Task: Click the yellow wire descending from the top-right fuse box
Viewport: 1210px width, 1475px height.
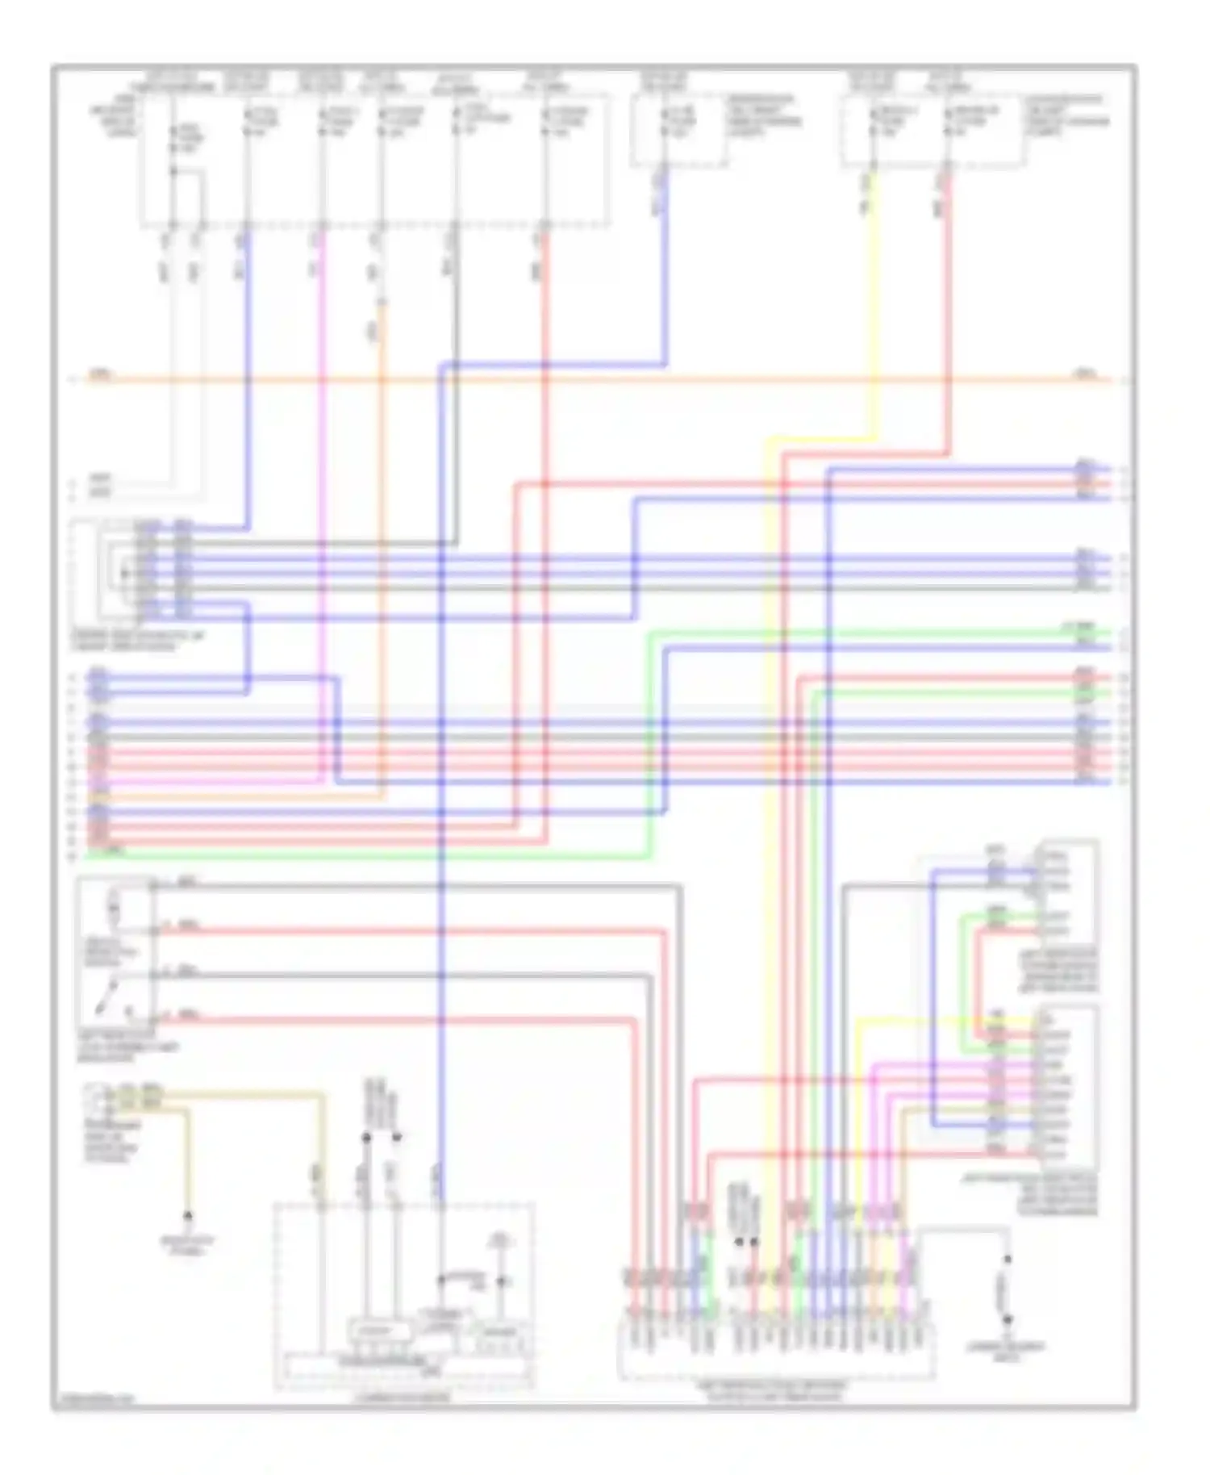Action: (x=873, y=307)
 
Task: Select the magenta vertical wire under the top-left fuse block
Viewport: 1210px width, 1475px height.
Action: (x=322, y=403)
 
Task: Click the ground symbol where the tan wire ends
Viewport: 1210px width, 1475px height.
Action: (x=188, y=1216)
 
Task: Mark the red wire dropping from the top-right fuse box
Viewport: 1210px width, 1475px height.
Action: (x=949, y=307)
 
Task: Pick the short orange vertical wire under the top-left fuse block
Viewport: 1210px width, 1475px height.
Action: (x=382, y=339)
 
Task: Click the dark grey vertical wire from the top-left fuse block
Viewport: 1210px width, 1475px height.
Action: (x=456, y=323)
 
